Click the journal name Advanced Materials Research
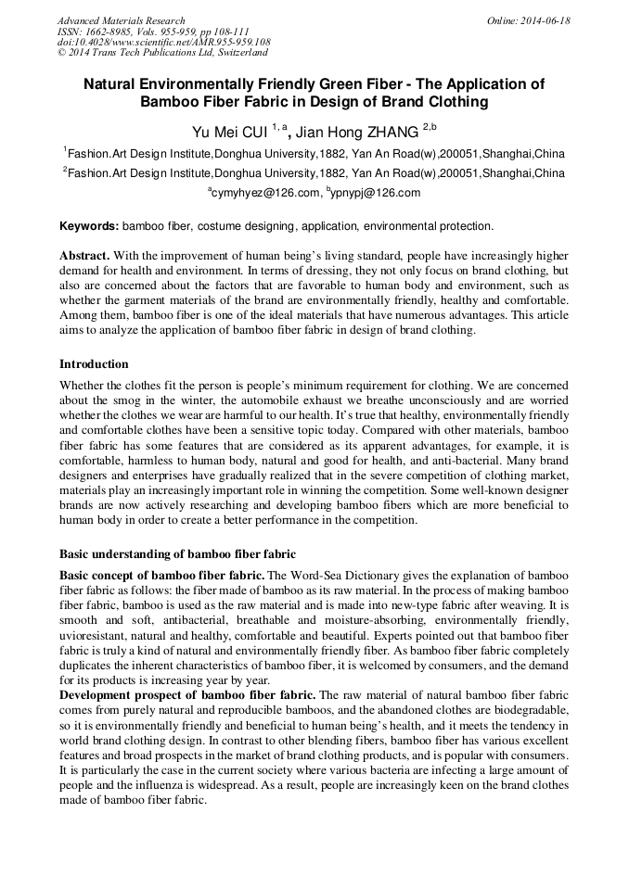pos(121,20)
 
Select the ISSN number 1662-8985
pos(114,32)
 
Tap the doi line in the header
pos(163,42)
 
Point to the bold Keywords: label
pos(89,226)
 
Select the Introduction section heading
pos(94,363)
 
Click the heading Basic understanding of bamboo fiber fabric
pos(177,554)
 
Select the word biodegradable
pos(527,709)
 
